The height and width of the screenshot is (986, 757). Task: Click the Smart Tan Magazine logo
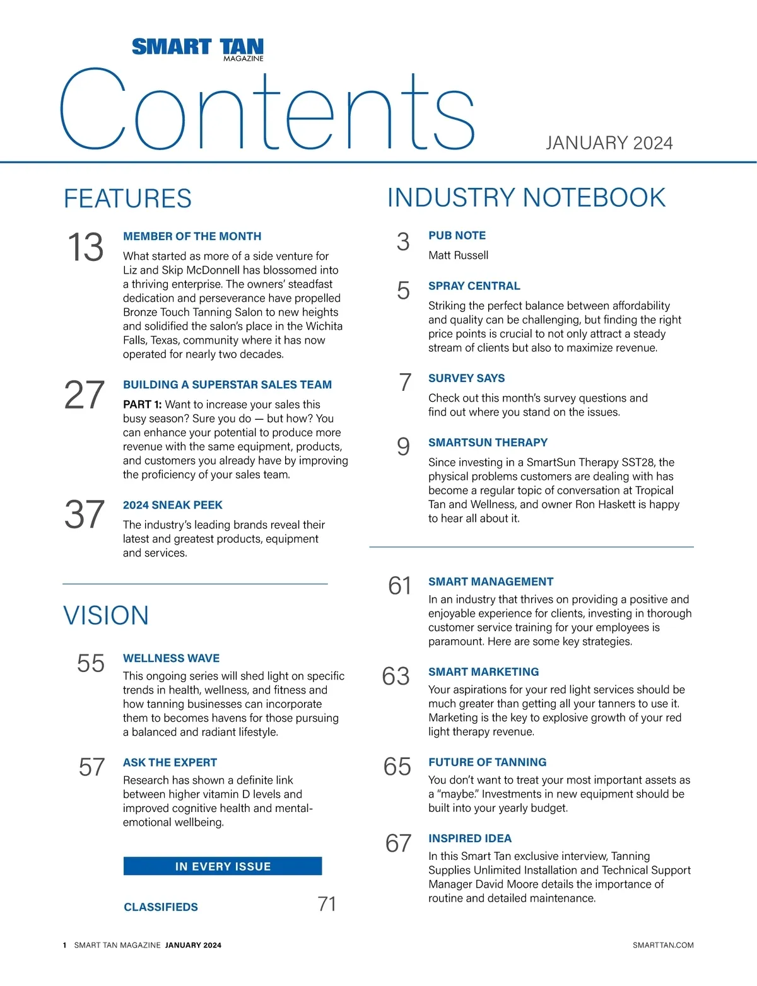pos(197,49)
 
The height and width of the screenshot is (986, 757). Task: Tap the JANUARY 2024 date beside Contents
pos(609,143)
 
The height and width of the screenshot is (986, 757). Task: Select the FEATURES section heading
pos(127,199)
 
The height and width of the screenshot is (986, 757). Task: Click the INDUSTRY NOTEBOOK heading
pos(526,198)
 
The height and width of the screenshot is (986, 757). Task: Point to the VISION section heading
pos(106,616)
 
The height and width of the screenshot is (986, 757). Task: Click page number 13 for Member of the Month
pos(85,247)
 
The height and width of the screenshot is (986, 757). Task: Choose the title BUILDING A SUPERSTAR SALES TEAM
pos(227,385)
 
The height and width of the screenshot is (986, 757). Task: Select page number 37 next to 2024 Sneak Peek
pos(85,514)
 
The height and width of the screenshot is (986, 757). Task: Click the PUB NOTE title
pos(457,236)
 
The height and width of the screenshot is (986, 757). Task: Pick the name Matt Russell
pos(458,255)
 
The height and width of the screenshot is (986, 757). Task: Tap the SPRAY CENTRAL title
pos(474,286)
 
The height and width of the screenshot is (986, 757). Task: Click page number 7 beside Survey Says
pos(405,382)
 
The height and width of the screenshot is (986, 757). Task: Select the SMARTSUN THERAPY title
pos(488,443)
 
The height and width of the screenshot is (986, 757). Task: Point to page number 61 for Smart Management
pos(399,586)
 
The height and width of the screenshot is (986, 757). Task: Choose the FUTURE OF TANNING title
pos(487,762)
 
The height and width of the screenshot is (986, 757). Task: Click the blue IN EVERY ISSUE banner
pos(223,866)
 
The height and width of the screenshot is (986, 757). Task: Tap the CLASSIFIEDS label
pos(161,907)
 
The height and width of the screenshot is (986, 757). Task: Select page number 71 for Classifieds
pos(327,905)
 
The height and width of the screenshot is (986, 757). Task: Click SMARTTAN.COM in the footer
pos(662,945)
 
